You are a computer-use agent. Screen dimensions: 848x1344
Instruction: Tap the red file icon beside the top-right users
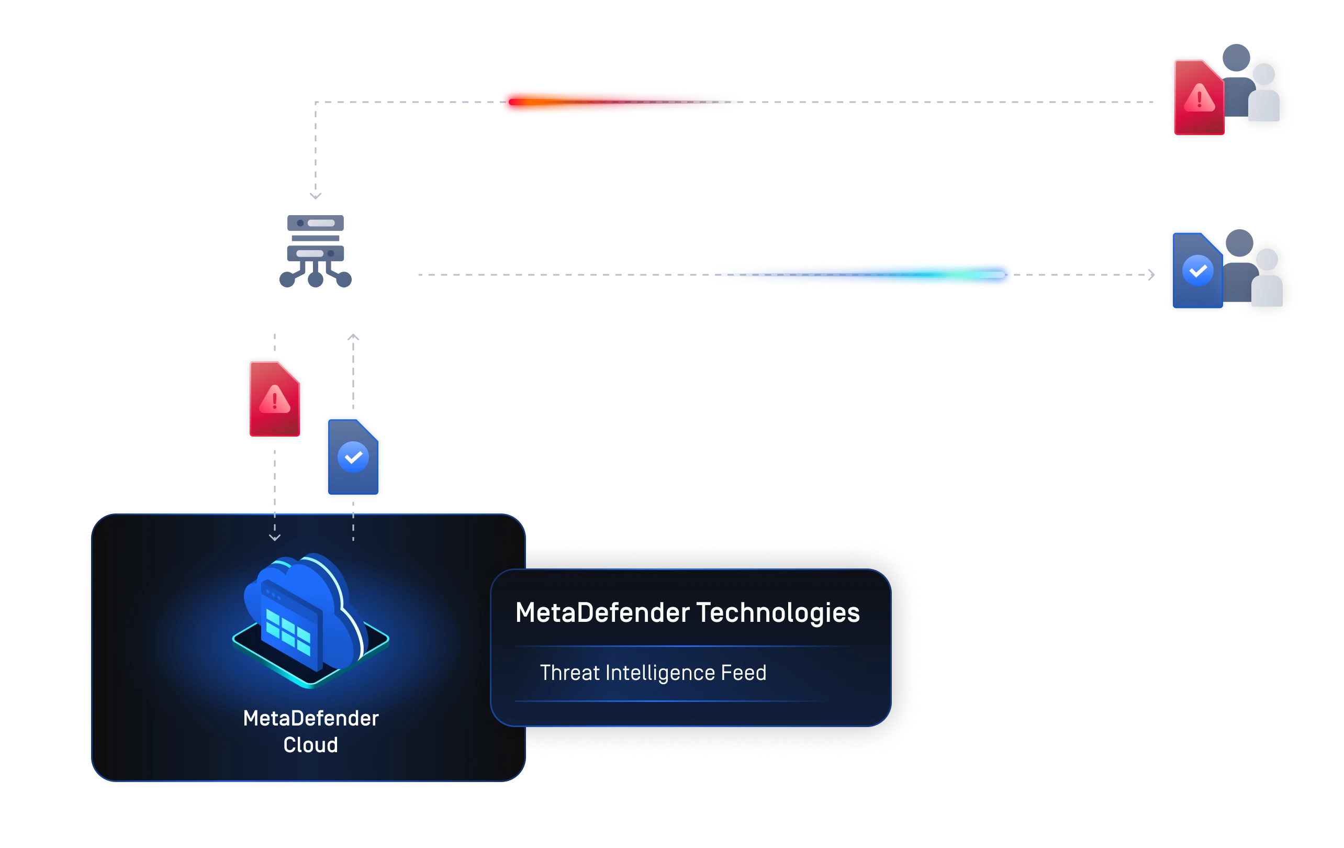[x=1198, y=98]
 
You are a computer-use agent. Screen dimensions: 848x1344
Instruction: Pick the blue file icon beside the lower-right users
[x=1196, y=271]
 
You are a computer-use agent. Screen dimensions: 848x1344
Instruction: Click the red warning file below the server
[x=275, y=398]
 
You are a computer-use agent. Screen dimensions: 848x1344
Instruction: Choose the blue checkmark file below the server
[x=353, y=456]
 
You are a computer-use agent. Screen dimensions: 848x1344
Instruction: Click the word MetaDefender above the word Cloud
[x=311, y=719]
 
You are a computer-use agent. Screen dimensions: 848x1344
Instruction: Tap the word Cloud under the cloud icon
[x=310, y=745]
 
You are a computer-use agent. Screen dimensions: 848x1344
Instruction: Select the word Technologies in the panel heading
[x=778, y=613]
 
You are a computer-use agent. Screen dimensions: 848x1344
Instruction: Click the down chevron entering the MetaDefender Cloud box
[x=275, y=538]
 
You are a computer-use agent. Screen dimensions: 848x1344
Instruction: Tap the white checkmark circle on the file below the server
[x=353, y=457]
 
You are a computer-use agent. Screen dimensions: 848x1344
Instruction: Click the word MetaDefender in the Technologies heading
[x=603, y=613]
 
